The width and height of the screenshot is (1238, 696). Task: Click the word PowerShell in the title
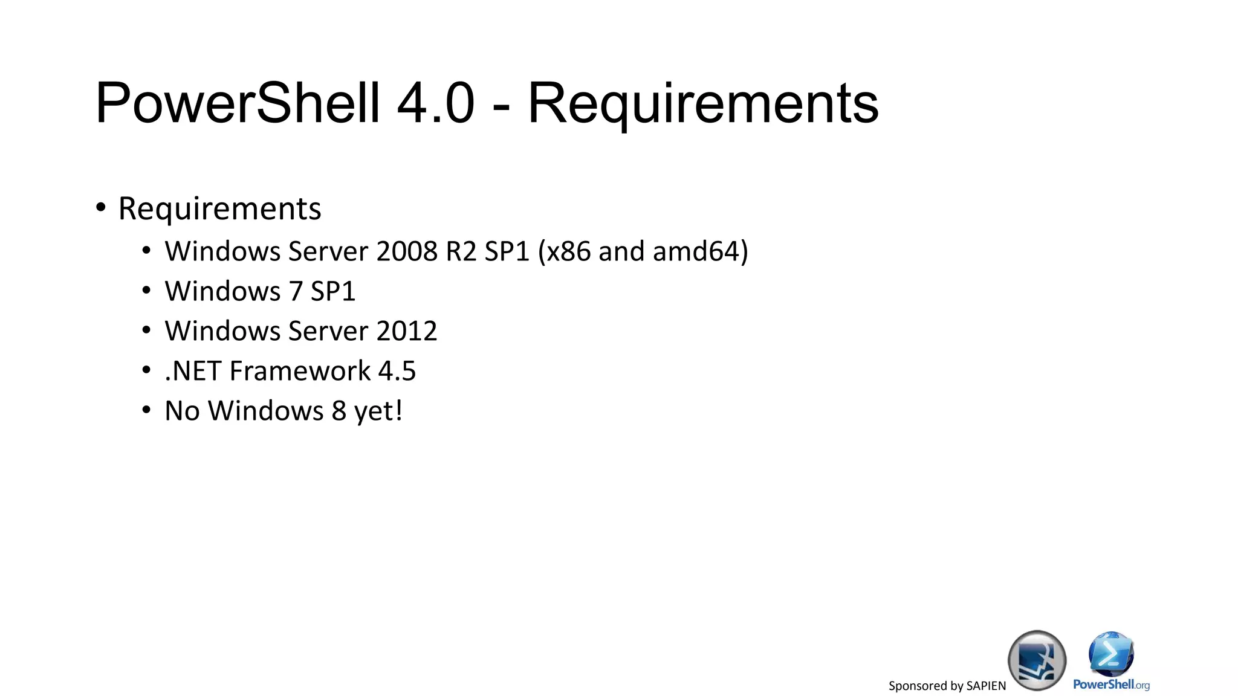tap(238, 103)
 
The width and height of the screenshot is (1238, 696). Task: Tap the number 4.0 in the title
tap(435, 103)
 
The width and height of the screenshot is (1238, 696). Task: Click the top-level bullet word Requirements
tap(219, 210)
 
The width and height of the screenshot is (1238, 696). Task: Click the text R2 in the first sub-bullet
tap(461, 251)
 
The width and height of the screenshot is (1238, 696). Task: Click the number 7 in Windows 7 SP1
tap(296, 291)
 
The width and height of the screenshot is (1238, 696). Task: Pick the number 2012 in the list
tap(406, 331)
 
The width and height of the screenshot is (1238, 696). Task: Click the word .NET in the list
tap(193, 371)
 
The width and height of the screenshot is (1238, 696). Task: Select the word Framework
tap(300, 371)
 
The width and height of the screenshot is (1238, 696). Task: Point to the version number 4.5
tap(397, 371)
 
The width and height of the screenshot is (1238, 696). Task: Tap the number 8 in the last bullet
tap(339, 411)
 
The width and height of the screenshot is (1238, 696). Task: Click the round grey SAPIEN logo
tap(1037, 660)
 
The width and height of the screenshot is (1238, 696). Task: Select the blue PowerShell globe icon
tap(1111, 654)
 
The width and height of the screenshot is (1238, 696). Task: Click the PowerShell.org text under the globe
tap(1111, 685)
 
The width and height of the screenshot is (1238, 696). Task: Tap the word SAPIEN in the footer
tap(986, 686)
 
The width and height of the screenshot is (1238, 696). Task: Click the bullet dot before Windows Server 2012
tap(146, 330)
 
